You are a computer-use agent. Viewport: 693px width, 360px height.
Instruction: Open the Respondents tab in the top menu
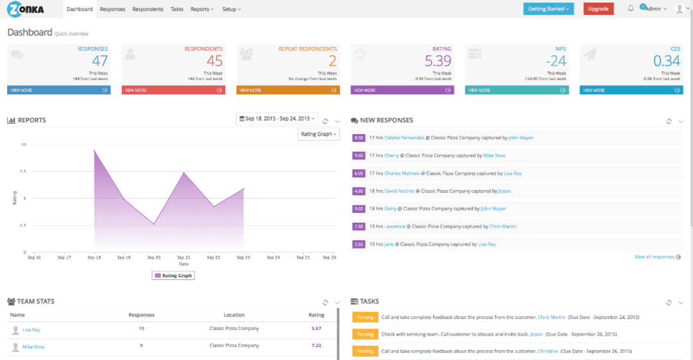[x=148, y=9]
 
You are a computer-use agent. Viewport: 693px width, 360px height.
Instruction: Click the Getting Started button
[x=548, y=9]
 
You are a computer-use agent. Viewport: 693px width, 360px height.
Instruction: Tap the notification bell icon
[x=631, y=8]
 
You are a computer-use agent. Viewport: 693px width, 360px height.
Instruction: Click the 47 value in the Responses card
[x=99, y=61]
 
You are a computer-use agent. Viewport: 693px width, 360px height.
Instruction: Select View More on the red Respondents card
[x=173, y=90]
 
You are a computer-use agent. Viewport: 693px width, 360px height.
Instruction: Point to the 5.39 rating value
[x=438, y=61]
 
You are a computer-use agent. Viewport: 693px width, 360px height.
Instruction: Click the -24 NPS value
[x=556, y=61]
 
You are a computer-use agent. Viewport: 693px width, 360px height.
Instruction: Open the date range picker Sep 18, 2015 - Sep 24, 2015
[x=277, y=119]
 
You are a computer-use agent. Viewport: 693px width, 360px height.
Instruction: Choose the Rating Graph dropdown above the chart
[x=318, y=134]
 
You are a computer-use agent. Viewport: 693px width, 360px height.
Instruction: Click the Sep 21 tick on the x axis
[x=184, y=257]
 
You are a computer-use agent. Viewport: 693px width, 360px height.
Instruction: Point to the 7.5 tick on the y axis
[x=22, y=171]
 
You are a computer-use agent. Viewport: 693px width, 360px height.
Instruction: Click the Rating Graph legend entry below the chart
[x=173, y=275]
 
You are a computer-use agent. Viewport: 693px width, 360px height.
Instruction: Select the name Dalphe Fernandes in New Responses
[x=404, y=137]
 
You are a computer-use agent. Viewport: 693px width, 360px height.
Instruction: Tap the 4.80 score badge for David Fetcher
[x=359, y=191]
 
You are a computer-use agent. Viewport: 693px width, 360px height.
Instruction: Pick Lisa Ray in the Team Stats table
[x=31, y=329]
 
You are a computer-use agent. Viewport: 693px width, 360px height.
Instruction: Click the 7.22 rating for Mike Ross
[x=316, y=346]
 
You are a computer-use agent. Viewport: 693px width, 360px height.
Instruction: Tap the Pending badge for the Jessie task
[x=365, y=334]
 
